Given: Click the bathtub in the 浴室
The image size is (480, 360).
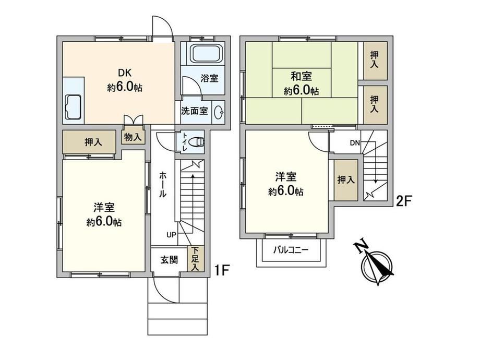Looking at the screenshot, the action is (x=206, y=54).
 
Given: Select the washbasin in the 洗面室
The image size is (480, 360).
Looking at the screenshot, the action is (x=219, y=112).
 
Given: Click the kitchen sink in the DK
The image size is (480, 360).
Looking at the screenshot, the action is (x=73, y=107).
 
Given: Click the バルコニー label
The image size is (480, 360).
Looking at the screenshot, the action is (x=291, y=250).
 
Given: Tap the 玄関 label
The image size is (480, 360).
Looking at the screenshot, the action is (x=169, y=260).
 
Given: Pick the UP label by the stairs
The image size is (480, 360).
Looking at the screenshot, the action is (x=171, y=235).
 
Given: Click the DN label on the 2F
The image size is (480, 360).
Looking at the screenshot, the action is (x=355, y=142).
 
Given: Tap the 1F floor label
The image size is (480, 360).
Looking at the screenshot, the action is (x=221, y=270).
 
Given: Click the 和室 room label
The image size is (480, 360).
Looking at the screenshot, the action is (x=301, y=76).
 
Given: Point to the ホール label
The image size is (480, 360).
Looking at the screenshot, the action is (x=163, y=184).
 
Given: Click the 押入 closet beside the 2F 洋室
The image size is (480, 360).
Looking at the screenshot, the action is (x=346, y=180).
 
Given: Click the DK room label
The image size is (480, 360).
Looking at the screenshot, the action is (x=125, y=73).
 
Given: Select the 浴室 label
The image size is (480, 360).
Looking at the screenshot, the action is (x=210, y=78).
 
